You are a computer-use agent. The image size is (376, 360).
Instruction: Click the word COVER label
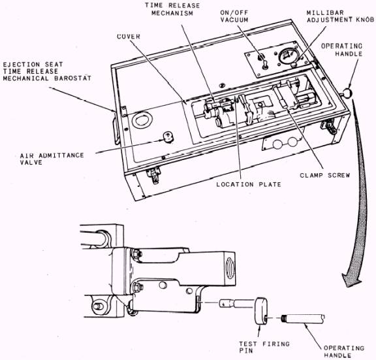point(129,37)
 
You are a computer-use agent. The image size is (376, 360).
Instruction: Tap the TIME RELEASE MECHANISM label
point(172,9)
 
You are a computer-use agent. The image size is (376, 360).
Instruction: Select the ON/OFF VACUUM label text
point(234,16)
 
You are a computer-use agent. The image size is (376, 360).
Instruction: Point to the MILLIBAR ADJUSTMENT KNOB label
point(340,16)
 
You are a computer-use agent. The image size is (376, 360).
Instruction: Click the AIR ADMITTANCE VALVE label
point(52,159)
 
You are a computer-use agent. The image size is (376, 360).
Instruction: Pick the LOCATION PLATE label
point(249,184)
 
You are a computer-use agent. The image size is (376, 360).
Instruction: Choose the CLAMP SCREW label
point(325,175)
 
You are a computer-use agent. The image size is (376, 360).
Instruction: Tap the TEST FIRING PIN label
point(264,348)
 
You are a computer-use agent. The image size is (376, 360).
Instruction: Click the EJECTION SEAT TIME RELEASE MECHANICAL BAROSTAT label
point(47,71)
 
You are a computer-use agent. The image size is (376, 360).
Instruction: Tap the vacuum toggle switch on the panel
point(265,65)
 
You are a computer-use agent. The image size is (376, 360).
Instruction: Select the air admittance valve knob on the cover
point(168,137)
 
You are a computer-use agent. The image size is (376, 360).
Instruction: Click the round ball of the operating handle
point(348,93)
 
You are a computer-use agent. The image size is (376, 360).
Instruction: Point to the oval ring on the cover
point(142,120)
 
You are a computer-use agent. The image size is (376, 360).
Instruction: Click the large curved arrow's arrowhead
point(352,280)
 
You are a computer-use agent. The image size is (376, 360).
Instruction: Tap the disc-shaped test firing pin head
point(261,311)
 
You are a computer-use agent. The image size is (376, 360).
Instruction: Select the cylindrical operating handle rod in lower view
point(304,318)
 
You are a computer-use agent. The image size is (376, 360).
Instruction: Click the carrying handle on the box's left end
point(116,129)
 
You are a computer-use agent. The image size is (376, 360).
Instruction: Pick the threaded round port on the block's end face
point(230,268)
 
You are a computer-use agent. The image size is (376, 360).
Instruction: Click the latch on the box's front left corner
point(153,175)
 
